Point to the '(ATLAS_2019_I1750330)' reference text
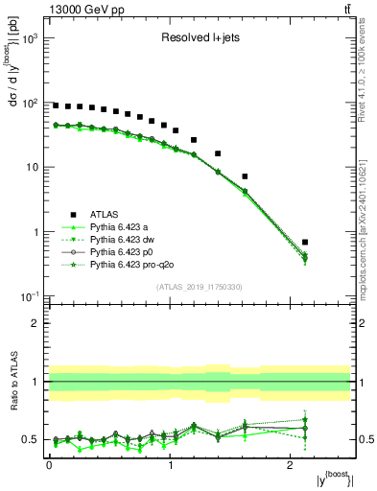[x=199, y=287]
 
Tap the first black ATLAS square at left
[x=56, y=105]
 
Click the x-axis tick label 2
[x=292, y=462]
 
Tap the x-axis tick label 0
[x=49, y=462]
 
